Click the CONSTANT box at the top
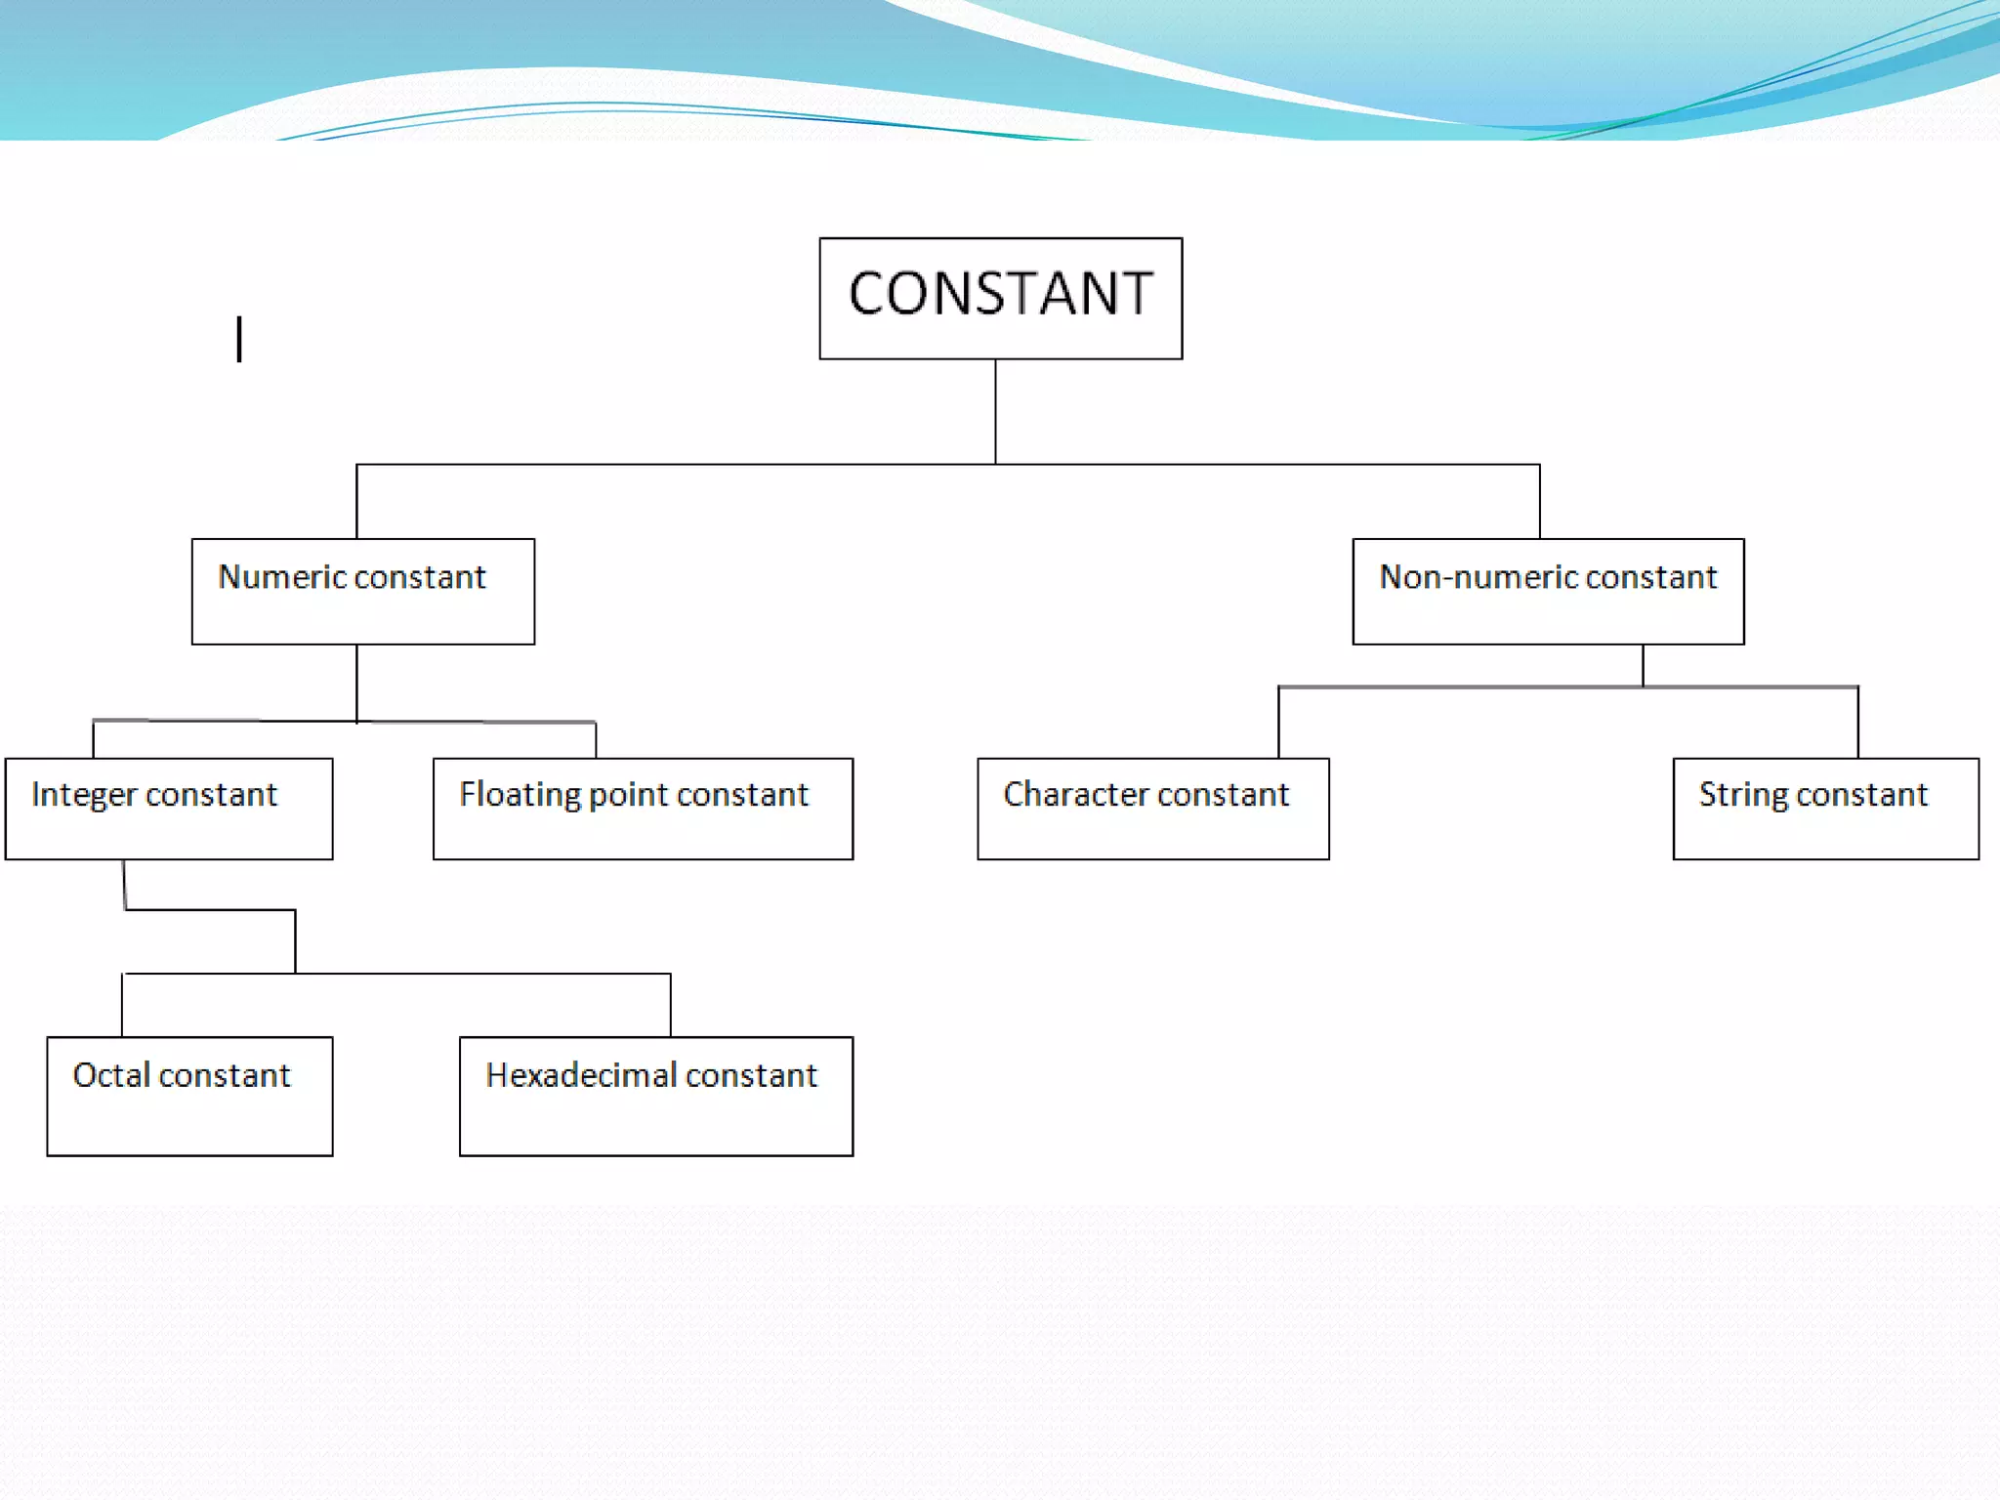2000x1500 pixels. [1000, 298]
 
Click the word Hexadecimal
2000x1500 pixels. [581, 1075]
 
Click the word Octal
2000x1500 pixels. [110, 1075]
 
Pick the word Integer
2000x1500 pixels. [83, 795]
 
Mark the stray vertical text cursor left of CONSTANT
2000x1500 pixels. [239, 339]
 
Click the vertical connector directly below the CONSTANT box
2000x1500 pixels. [995, 411]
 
